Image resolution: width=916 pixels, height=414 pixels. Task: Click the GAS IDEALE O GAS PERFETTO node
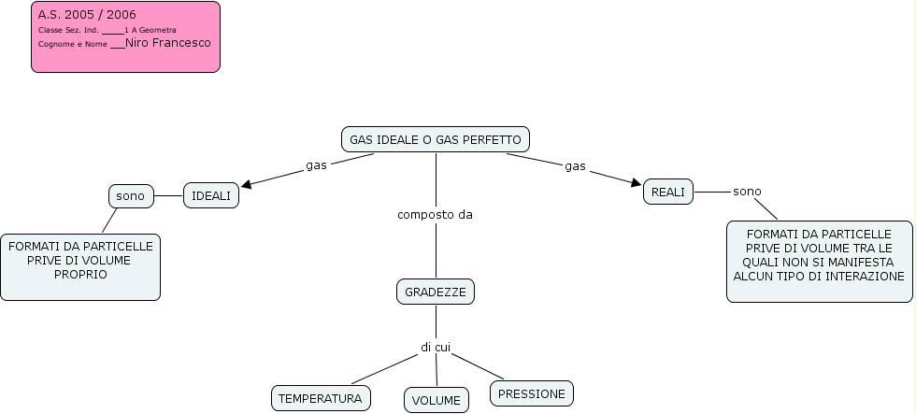tap(436, 140)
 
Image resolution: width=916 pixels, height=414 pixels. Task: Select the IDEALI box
tap(211, 195)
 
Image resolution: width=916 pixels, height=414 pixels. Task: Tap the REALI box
tap(668, 192)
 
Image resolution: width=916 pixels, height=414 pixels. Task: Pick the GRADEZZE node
tap(436, 293)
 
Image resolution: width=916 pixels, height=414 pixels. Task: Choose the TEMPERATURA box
tap(321, 398)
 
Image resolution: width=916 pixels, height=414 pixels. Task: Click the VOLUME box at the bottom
tap(436, 400)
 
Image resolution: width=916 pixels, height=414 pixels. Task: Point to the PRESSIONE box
tap(531, 393)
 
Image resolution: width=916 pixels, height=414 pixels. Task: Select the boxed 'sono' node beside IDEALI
tap(131, 196)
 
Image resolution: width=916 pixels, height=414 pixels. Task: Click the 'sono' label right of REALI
tap(747, 192)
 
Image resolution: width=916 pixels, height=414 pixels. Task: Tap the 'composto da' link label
tap(435, 215)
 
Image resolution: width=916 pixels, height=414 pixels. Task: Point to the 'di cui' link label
tap(436, 348)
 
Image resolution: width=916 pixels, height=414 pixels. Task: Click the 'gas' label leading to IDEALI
tap(316, 166)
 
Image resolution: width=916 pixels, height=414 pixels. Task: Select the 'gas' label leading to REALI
tap(575, 166)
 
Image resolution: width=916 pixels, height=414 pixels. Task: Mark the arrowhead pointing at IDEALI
tap(247, 184)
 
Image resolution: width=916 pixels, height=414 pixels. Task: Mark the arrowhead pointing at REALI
tap(637, 182)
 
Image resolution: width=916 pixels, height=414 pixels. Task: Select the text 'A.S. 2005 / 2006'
tap(86, 15)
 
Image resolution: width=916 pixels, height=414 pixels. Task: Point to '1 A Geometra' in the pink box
tap(150, 31)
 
